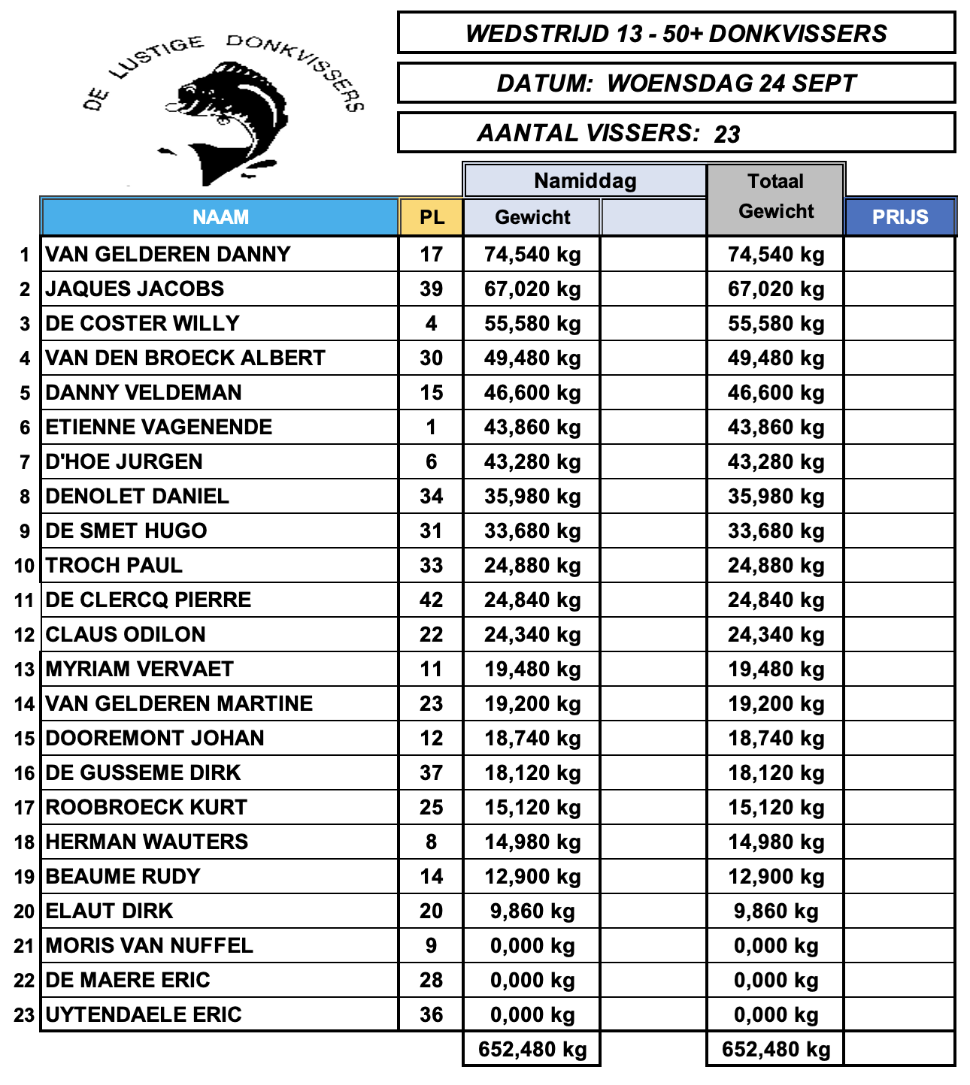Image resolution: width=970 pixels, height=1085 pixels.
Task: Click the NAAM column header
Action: [220, 217]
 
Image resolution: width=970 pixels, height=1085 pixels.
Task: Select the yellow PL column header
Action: [432, 217]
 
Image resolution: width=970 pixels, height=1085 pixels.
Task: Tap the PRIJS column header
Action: [900, 217]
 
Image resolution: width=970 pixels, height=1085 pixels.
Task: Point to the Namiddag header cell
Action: [585, 181]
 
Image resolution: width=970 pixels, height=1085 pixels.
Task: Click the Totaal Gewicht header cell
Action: [776, 197]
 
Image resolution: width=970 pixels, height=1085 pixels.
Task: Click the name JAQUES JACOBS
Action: [135, 289]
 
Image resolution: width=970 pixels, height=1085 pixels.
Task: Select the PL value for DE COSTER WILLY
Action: [431, 323]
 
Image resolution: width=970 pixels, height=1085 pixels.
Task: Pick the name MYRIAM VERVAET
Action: [140, 669]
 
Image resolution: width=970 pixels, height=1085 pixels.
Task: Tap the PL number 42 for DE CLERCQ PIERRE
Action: [431, 600]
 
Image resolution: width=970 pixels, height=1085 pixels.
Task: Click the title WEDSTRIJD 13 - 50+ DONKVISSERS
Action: [676, 34]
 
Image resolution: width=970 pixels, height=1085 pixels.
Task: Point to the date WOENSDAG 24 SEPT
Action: [731, 83]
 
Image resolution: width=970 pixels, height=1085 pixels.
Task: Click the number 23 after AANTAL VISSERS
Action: [727, 134]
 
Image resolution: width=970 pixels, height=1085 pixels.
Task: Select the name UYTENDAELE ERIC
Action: [144, 1014]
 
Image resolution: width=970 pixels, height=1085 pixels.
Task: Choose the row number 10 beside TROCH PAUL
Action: [24, 566]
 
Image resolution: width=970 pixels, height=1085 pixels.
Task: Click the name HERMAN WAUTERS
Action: [147, 842]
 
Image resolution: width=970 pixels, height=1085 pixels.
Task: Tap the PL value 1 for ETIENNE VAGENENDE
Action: [431, 427]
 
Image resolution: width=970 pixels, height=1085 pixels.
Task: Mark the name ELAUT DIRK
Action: [109, 911]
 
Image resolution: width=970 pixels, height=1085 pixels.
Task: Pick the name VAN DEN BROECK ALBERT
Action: [185, 358]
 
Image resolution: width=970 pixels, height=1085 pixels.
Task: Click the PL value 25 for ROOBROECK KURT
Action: [431, 807]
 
